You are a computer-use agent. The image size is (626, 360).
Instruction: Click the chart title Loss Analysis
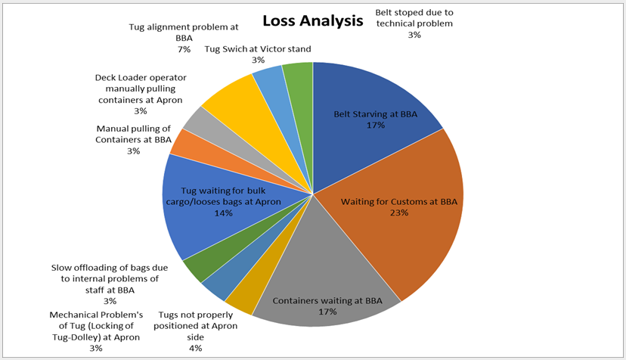pyautogui.click(x=312, y=20)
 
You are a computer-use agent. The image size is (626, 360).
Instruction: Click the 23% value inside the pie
pyautogui.click(x=399, y=213)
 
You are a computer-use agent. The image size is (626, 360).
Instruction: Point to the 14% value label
pyautogui.click(x=223, y=213)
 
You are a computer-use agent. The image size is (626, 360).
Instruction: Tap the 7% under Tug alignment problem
pyautogui.click(x=184, y=50)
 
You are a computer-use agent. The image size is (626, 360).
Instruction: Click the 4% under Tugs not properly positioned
pyautogui.click(x=196, y=349)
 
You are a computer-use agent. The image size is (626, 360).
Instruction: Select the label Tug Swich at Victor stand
pyautogui.click(x=258, y=49)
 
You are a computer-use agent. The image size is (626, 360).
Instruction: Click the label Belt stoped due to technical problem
pyautogui.click(x=414, y=18)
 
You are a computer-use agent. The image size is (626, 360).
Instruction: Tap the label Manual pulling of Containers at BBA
pyautogui.click(x=133, y=135)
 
